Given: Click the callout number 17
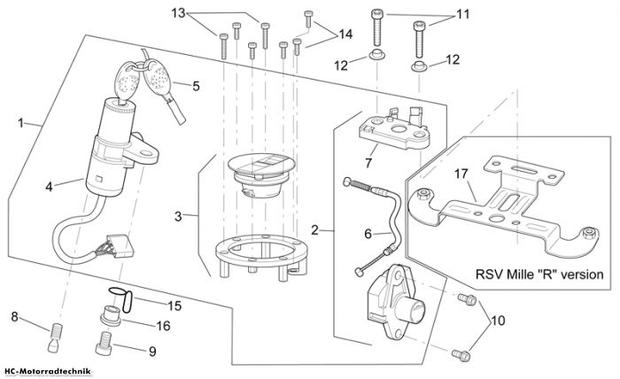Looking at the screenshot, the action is coord(461,174).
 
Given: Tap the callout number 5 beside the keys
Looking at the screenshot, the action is coord(196,86).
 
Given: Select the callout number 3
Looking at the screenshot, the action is coord(178,217).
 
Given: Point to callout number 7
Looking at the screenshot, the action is coord(368,162).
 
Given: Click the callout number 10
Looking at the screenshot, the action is coord(498,321).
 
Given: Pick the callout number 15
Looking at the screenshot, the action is coord(174,306).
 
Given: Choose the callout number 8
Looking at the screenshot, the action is coord(15,316).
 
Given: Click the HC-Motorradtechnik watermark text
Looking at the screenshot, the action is coord(48,372).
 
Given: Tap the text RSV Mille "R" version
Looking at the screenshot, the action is coord(539,274).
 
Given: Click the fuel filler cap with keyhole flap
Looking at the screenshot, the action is coord(261,175).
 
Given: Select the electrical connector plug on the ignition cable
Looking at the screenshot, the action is coord(120,246).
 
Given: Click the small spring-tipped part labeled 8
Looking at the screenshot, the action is coord(55,337).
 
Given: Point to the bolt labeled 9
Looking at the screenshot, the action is coord(105,344).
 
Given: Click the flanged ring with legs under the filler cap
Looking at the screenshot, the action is coord(261,257).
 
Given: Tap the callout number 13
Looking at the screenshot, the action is coord(178,13).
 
